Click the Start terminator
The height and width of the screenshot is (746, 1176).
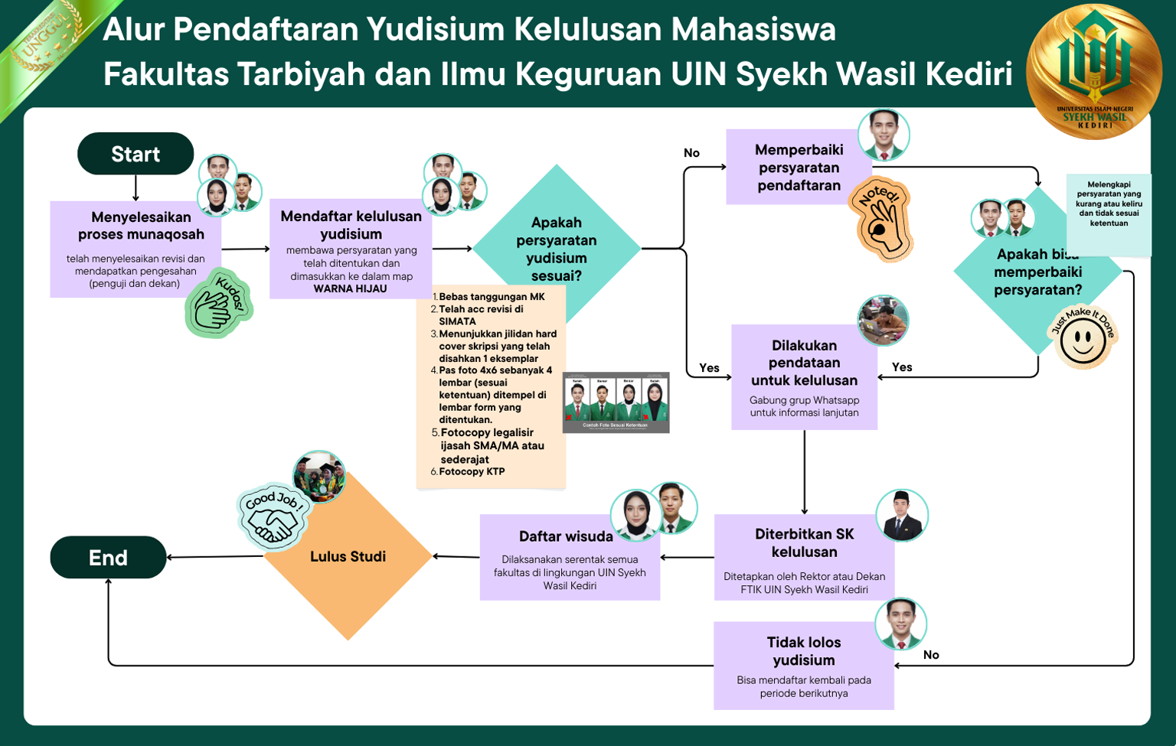point(136,154)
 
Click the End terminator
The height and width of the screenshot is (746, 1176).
point(108,558)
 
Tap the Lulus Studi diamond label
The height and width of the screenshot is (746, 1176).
point(348,556)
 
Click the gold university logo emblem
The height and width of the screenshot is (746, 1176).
point(1094,71)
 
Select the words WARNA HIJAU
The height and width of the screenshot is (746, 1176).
point(350,288)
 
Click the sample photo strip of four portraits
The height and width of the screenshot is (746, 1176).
point(616,402)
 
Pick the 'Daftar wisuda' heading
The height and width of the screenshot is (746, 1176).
point(566,536)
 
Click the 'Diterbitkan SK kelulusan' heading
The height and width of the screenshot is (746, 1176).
point(804,543)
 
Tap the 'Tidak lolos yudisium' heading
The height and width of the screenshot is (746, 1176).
point(804,651)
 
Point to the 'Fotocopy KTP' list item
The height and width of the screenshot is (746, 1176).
point(472,471)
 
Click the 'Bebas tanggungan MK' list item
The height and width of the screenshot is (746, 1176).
point(492,297)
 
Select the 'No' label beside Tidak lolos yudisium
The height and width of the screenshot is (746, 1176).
point(931,655)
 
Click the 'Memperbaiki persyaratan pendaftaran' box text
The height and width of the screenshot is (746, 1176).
point(799,168)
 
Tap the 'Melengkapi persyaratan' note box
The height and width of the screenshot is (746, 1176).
point(1109,204)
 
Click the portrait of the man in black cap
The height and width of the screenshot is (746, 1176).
point(901,516)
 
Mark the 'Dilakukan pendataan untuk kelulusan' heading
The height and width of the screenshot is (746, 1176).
point(804,363)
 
